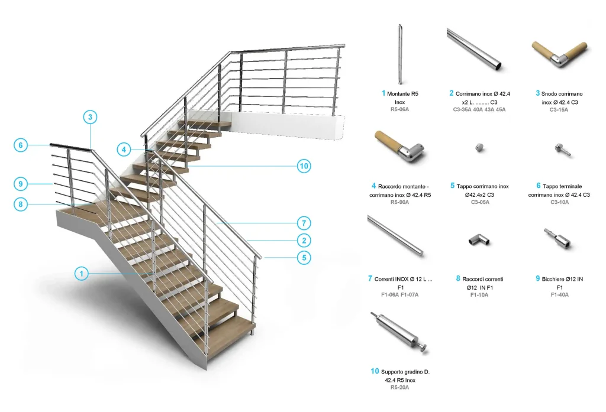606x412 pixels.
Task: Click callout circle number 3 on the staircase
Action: tap(90, 117)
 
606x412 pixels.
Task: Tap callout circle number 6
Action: tap(21, 145)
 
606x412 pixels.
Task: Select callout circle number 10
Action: tap(304, 166)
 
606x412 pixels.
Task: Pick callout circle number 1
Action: tap(82, 274)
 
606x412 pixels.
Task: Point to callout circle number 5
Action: tap(304, 258)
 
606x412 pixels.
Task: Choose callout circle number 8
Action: tap(21, 205)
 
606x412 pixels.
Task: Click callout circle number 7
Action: tap(304, 223)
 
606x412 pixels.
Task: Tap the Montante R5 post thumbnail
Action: tap(400, 54)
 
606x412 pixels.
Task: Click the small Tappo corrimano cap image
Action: tap(479, 147)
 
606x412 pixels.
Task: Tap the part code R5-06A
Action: tap(399, 110)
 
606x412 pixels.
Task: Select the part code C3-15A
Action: tap(559, 110)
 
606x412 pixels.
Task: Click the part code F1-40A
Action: tap(559, 295)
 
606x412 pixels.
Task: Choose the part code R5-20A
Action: tap(399, 388)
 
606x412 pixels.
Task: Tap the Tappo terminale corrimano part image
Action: tap(562, 150)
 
